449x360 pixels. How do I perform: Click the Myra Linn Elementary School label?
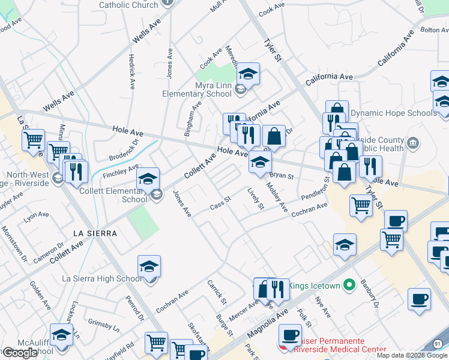click(x=197, y=89)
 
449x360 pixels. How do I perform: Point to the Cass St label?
click(x=220, y=203)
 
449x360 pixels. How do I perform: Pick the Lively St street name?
click(x=256, y=199)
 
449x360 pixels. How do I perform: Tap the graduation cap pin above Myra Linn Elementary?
click(x=247, y=74)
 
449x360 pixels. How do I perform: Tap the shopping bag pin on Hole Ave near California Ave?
click(x=274, y=136)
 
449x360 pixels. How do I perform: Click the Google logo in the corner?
click(x=20, y=353)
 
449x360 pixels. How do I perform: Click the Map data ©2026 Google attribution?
click(x=411, y=355)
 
